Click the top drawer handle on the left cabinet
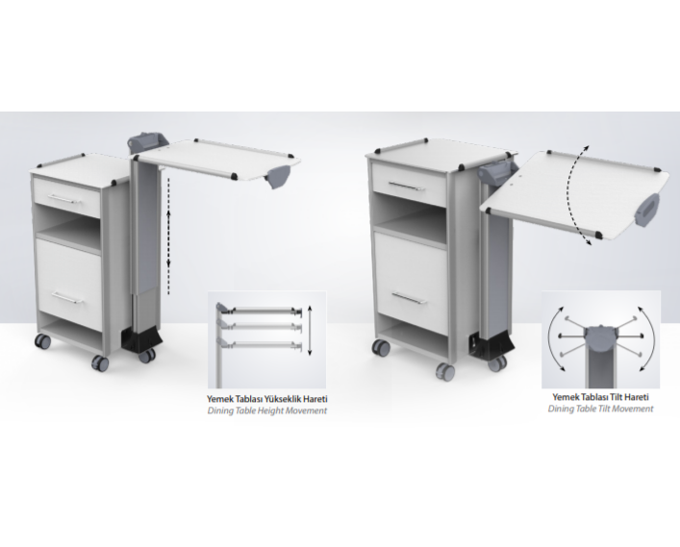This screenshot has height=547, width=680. pyautogui.click(x=65, y=199)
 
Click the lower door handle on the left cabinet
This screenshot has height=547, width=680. pyautogui.click(x=67, y=297)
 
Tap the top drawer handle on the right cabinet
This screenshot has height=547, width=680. pyautogui.click(x=406, y=186)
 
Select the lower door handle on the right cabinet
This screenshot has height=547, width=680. pyautogui.click(x=410, y=297)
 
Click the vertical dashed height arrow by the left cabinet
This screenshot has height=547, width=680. pyautogui.click(x=168, y=236)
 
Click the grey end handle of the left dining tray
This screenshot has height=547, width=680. pyautogui.click(x=279, y=177)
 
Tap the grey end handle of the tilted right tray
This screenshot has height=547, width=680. pyautogui.click(x=647, y=210)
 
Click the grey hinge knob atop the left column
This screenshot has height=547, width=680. pyautogui.click(x=146, y=141)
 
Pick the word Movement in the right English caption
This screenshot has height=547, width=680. pyautogui.click(x=638, y=409)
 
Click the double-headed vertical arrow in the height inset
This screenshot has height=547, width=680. pyautogui.click(x=310, y=331)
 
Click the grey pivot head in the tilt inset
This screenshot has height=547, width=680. pyautogui.click(x=600, y=336)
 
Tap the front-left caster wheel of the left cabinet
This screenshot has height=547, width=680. pyautogui.click(x=99, y=362)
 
